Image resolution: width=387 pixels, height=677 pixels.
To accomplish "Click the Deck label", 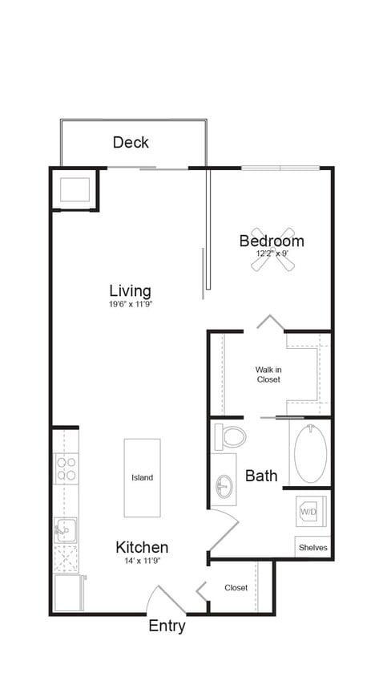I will tap(131, 142).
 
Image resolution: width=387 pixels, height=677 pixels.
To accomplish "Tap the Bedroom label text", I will tap(272, 241).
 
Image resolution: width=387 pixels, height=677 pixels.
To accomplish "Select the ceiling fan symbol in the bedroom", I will tap(272, 254).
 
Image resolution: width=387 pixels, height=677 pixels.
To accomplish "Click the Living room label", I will tap(130, 290).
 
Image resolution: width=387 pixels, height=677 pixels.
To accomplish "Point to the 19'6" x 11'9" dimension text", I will tap(130, 305).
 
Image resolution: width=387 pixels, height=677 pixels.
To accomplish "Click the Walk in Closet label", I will tap(268, 375).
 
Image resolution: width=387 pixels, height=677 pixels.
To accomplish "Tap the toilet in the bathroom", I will tap(230, 436).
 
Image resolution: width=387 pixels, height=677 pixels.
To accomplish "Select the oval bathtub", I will tap(310, 453).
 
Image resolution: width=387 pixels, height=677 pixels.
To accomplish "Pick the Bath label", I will tap(261, 476).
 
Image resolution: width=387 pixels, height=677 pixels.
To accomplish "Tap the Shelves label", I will tap(312, 548).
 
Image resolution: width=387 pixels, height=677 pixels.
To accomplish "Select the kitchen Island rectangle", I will tap(142, 477).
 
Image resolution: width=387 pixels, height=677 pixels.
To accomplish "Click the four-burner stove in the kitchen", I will tap(66, 468).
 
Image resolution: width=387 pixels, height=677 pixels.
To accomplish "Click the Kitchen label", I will tap(142, 547).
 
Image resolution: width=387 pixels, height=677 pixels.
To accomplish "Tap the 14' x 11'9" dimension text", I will tap(142, 561).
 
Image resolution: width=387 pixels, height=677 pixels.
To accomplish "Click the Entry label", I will tap(167, 626).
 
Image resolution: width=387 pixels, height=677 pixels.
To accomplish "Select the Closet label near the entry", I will tap(236, 588).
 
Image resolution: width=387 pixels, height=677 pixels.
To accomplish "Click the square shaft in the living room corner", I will tap(75, 189).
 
